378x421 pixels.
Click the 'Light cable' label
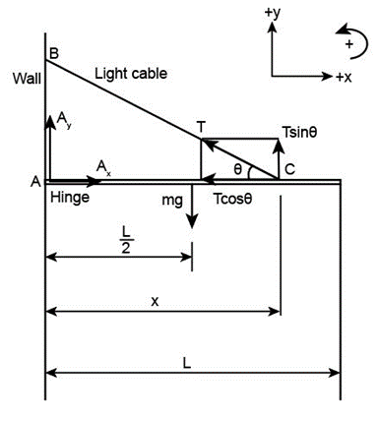click(x=131, y=74)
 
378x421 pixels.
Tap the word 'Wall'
click(x=27, y=79)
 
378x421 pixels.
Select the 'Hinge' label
click(x=70, y=198)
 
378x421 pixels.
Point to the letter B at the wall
click(x=53, y=53)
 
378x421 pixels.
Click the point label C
click(x=289, y=169)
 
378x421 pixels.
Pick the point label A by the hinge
click(x=35, y=181)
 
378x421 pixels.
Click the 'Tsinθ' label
click(x=299, y=133)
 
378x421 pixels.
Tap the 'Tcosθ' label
click(x=232, y=199)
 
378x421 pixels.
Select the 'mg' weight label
click(x=172, y=200)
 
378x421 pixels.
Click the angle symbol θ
click(x=238, y=169)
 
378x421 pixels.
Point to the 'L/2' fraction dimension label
click(x=126, y=241)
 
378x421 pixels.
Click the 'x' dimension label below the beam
click(x=155, y=301)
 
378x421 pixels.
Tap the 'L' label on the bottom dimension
click(x=186, y=363)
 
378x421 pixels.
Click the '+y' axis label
click(x=273, y=14)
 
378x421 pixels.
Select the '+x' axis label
click(x=344, y=78)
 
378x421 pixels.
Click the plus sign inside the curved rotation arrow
click(x=348, y=44)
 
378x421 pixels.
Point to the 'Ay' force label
click(x=63, y=121)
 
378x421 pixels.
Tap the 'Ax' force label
click(x=103, y=168)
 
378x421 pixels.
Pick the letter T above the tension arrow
click(x=202, y=127)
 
